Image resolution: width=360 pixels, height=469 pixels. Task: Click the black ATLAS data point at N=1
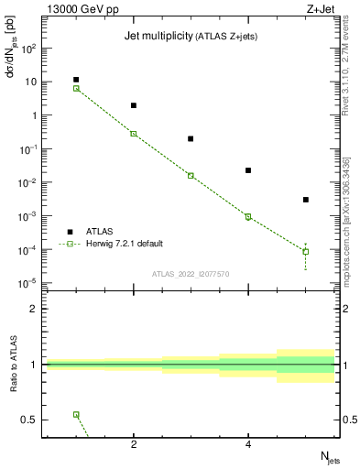[76, 80]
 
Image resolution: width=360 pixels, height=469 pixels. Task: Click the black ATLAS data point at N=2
[134, 105]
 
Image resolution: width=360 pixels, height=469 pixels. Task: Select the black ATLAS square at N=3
[191, 138]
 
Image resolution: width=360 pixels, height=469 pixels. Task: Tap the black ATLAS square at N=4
[248, 170]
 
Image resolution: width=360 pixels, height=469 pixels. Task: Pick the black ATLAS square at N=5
[306, 200]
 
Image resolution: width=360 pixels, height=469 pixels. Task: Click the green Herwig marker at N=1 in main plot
[76, 89]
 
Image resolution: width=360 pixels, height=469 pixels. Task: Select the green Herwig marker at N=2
[134, 134]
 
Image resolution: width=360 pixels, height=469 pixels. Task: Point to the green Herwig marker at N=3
[191, 175]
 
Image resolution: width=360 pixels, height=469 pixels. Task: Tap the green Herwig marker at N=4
[248, 217]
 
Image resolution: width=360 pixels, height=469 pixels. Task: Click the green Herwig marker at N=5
[306, 251]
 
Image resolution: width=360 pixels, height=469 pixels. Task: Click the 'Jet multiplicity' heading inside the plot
[158, 36]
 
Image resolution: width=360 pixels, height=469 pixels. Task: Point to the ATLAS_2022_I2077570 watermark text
[190, 273]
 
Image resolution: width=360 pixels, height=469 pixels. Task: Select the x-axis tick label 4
[248, 445]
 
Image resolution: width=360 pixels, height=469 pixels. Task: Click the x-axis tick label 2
[134, 445]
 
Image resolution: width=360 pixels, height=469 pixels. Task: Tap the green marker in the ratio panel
[76, 414]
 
